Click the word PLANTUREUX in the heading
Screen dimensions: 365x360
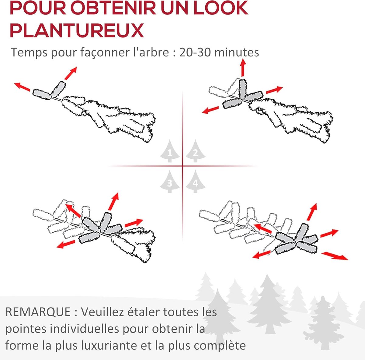[x=77, y=30]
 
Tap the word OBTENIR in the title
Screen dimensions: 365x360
[x=113, y=8]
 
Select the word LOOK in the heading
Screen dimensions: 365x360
[x=221, y=8]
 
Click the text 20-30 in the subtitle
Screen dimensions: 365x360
[x=195, y=52]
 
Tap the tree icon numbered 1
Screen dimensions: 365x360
[x=170, y=151]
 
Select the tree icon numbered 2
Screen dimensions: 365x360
[x=196, y=151]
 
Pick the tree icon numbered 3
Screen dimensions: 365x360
[x=170, y=182]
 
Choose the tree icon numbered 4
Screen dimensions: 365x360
[x=196, y=182]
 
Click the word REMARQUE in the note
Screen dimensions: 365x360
[x=38, y=312]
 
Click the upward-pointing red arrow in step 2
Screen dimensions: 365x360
[x=243, y=68]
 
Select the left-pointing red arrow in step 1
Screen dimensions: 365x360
[x=22, y=87]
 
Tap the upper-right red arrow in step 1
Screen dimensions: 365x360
[x=71, y=73]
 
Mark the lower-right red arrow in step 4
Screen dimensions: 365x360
[x=335, y=256]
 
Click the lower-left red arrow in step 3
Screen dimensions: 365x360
[x=66, y=244]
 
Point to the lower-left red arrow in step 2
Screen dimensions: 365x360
[x=210, y=110]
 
